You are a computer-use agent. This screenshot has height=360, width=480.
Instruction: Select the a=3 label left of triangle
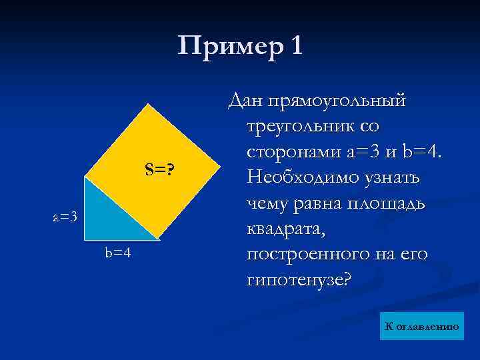pos(66,216)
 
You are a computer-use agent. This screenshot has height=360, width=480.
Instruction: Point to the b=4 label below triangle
pos(117,253)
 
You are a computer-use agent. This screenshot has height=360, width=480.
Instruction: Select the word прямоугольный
pos(337,101)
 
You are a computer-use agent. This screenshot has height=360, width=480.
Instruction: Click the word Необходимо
pos(300,177)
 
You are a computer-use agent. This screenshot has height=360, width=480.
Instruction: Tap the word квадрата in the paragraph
pos(282,229)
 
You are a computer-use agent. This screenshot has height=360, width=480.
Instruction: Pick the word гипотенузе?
pos(297,280)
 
